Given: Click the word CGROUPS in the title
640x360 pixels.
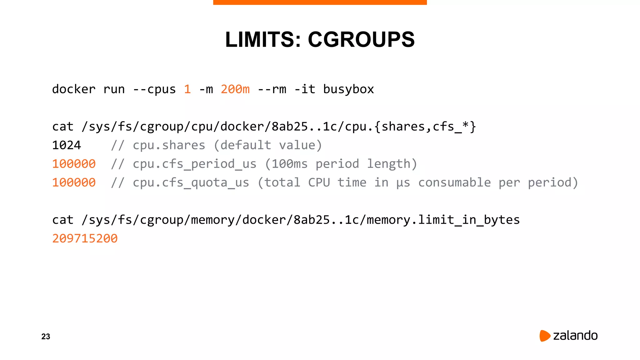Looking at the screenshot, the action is click(x=361, y=40).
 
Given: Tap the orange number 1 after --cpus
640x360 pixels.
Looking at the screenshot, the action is click(x=187, y=89).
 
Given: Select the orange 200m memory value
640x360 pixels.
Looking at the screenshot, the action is click(x=235, y=89).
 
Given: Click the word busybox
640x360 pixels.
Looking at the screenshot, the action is click(x=348, y=89).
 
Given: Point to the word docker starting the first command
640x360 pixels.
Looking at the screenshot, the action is click(x=74, y=89).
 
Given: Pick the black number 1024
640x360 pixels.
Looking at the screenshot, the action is click(x=67, y=145).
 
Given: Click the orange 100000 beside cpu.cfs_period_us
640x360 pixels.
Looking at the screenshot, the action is click(x=74, y=164).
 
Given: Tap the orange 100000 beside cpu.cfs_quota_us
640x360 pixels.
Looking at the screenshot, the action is click(x=74, y=182).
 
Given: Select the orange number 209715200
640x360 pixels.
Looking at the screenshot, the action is click(x=85, y=239).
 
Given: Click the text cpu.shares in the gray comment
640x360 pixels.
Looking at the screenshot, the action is click(x=169, y=145).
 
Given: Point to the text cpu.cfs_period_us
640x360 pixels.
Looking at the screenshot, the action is click(x=194, y=164).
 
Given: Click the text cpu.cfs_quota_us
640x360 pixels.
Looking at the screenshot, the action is click(x=191, y=182).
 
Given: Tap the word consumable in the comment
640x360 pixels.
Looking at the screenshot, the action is click(x=454, y=182).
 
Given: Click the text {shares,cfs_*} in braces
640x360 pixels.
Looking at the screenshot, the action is click(x=425, y=127).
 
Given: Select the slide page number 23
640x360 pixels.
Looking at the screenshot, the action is click(x=46, y=337).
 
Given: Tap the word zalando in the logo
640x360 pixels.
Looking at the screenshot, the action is click(x=575, y=336).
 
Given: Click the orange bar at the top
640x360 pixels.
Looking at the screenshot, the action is click(x=320, y=2).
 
